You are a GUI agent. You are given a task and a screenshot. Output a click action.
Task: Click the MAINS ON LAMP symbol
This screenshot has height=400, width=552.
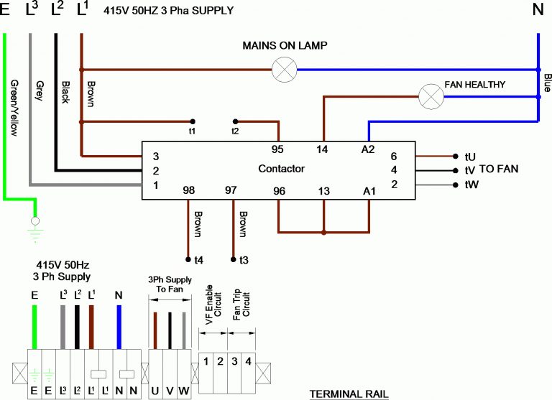(285, 70)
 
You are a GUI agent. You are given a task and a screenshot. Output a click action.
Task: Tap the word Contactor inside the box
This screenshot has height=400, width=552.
(281, 169)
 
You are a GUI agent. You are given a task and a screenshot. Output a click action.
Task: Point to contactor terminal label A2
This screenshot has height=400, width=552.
(368, 149)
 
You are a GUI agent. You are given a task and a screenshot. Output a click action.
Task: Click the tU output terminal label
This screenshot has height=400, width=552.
(471, 156)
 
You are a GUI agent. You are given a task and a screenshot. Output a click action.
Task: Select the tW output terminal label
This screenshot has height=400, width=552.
(471, 185)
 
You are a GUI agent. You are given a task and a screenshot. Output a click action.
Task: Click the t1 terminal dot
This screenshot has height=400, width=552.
(192, 121)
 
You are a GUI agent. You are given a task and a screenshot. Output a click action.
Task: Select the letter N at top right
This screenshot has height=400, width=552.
(537, 10)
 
